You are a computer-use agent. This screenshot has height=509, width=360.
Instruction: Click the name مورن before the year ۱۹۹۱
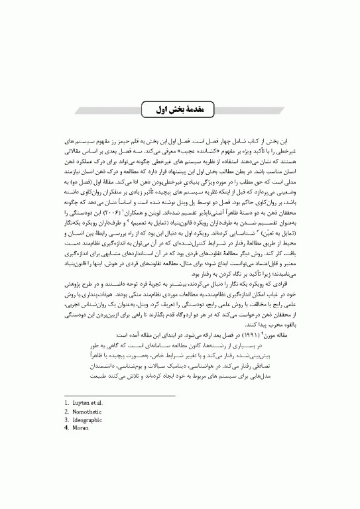[x=265, y=334]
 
